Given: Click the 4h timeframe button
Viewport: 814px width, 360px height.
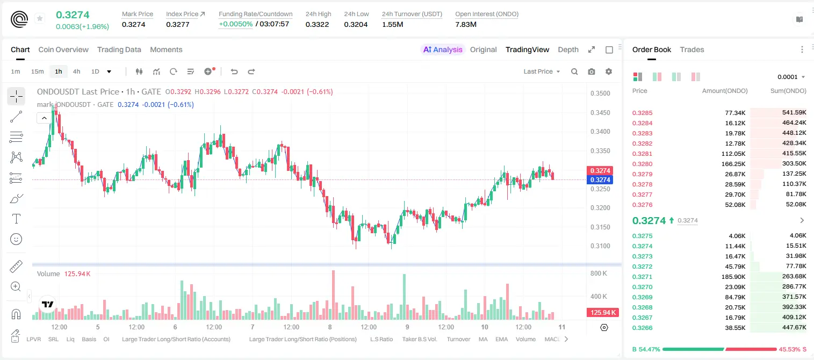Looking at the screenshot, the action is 76,71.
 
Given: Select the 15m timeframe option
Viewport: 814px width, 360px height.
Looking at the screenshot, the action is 38,71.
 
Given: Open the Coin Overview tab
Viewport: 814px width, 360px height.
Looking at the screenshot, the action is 63,49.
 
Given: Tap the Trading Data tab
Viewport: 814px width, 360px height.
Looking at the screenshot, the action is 119,49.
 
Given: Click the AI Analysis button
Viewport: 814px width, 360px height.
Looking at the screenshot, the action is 443,49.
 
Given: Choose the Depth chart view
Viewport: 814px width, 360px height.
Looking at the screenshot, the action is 568,49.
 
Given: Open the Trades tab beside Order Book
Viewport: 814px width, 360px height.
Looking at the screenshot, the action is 692,49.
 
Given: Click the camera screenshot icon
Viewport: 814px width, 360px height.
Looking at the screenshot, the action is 592,71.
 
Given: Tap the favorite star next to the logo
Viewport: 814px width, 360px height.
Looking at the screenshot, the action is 40,18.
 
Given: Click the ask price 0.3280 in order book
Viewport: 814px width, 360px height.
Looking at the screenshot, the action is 642,164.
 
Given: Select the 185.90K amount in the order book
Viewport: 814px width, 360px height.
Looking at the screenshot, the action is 733,277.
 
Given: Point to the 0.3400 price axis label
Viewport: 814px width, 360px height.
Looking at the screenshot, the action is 600,132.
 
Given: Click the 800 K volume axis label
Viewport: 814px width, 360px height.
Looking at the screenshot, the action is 599,273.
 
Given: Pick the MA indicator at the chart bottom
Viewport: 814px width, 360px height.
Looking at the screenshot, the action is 483,339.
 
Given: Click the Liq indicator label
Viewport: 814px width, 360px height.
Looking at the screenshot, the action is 70,339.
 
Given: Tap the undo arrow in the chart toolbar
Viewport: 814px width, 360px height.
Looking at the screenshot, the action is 234,71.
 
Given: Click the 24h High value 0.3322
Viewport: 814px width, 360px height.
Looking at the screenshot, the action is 317,24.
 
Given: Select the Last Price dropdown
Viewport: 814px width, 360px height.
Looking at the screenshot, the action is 542,71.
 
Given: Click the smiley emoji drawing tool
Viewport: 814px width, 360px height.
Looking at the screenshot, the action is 16,239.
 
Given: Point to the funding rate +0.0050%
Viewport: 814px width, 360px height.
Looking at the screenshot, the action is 235,24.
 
